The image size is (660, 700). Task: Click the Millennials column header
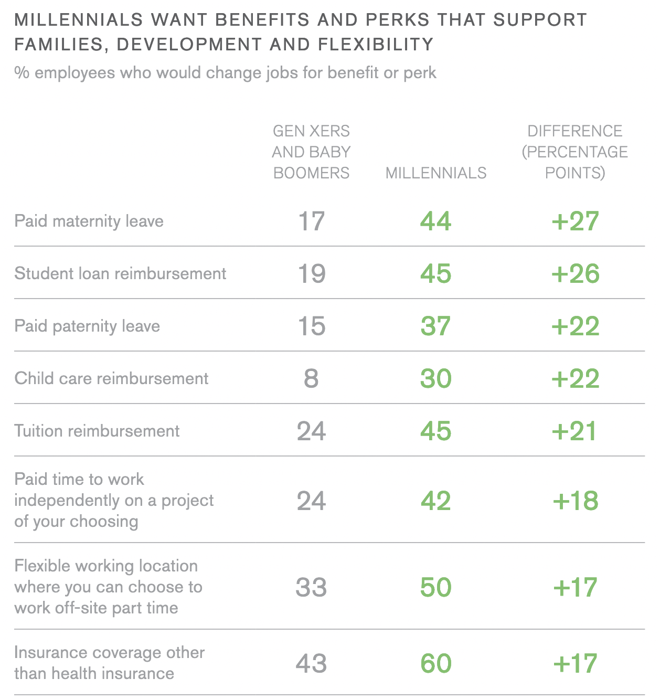[x=436, y=173]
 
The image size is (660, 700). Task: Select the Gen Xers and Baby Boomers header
[x=311, y=152]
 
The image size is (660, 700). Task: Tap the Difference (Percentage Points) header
[x=575, y=152]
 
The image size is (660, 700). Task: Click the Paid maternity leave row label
[x=89, y=221]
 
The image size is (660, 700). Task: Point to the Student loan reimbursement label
[x=120, y=273]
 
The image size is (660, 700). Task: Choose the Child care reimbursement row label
[x=111, y=378]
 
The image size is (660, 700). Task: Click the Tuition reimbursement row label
[x=97, y=431]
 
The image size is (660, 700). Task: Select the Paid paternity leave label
[x=87, y=326]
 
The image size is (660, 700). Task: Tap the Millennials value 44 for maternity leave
[x=435, y=221]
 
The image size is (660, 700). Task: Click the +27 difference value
[x=575, y=221]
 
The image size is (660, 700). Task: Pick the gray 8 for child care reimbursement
[x=311, y=378]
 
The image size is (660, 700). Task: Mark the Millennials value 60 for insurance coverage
[x=435, y=663]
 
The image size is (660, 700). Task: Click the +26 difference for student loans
[x=575, y=273]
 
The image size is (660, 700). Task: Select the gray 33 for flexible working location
[x=311, y=587]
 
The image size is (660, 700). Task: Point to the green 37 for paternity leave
[x=435, y=326]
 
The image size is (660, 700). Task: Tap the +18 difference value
[x=575, y=501]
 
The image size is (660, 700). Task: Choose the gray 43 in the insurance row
[x=311, y=663]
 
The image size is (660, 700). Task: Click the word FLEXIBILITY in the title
[x=376, y=45]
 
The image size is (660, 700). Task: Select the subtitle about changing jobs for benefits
[x=225, y=72]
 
